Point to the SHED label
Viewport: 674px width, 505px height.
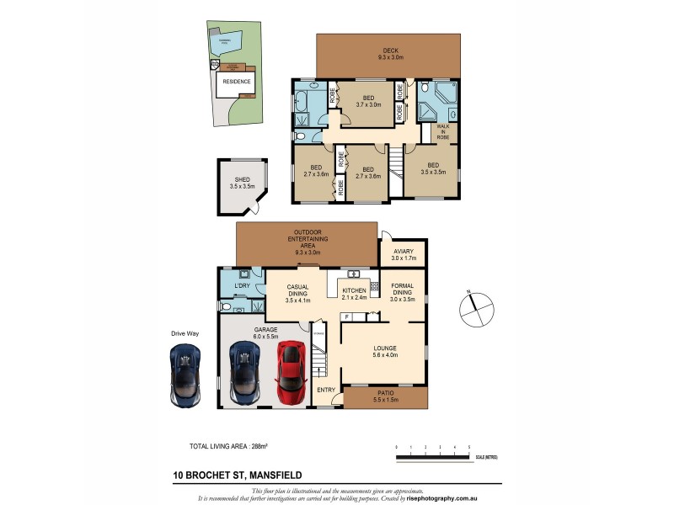coord(242,182)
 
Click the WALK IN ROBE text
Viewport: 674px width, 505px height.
coord(443,133)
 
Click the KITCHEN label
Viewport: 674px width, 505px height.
coord(354,293)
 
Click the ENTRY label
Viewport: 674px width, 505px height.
coord(325,389)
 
